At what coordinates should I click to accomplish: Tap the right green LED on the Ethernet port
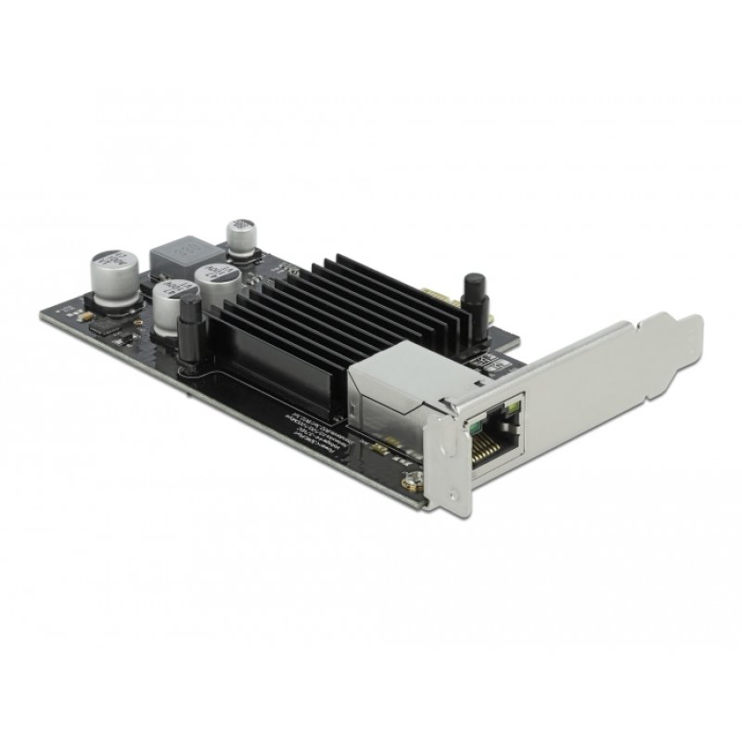point(513,409)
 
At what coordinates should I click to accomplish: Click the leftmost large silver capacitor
point(114,273)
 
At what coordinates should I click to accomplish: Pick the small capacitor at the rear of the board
point(241,237)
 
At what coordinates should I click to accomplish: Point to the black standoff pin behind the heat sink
point(474,295)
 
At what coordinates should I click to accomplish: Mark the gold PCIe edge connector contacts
point(435,299)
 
